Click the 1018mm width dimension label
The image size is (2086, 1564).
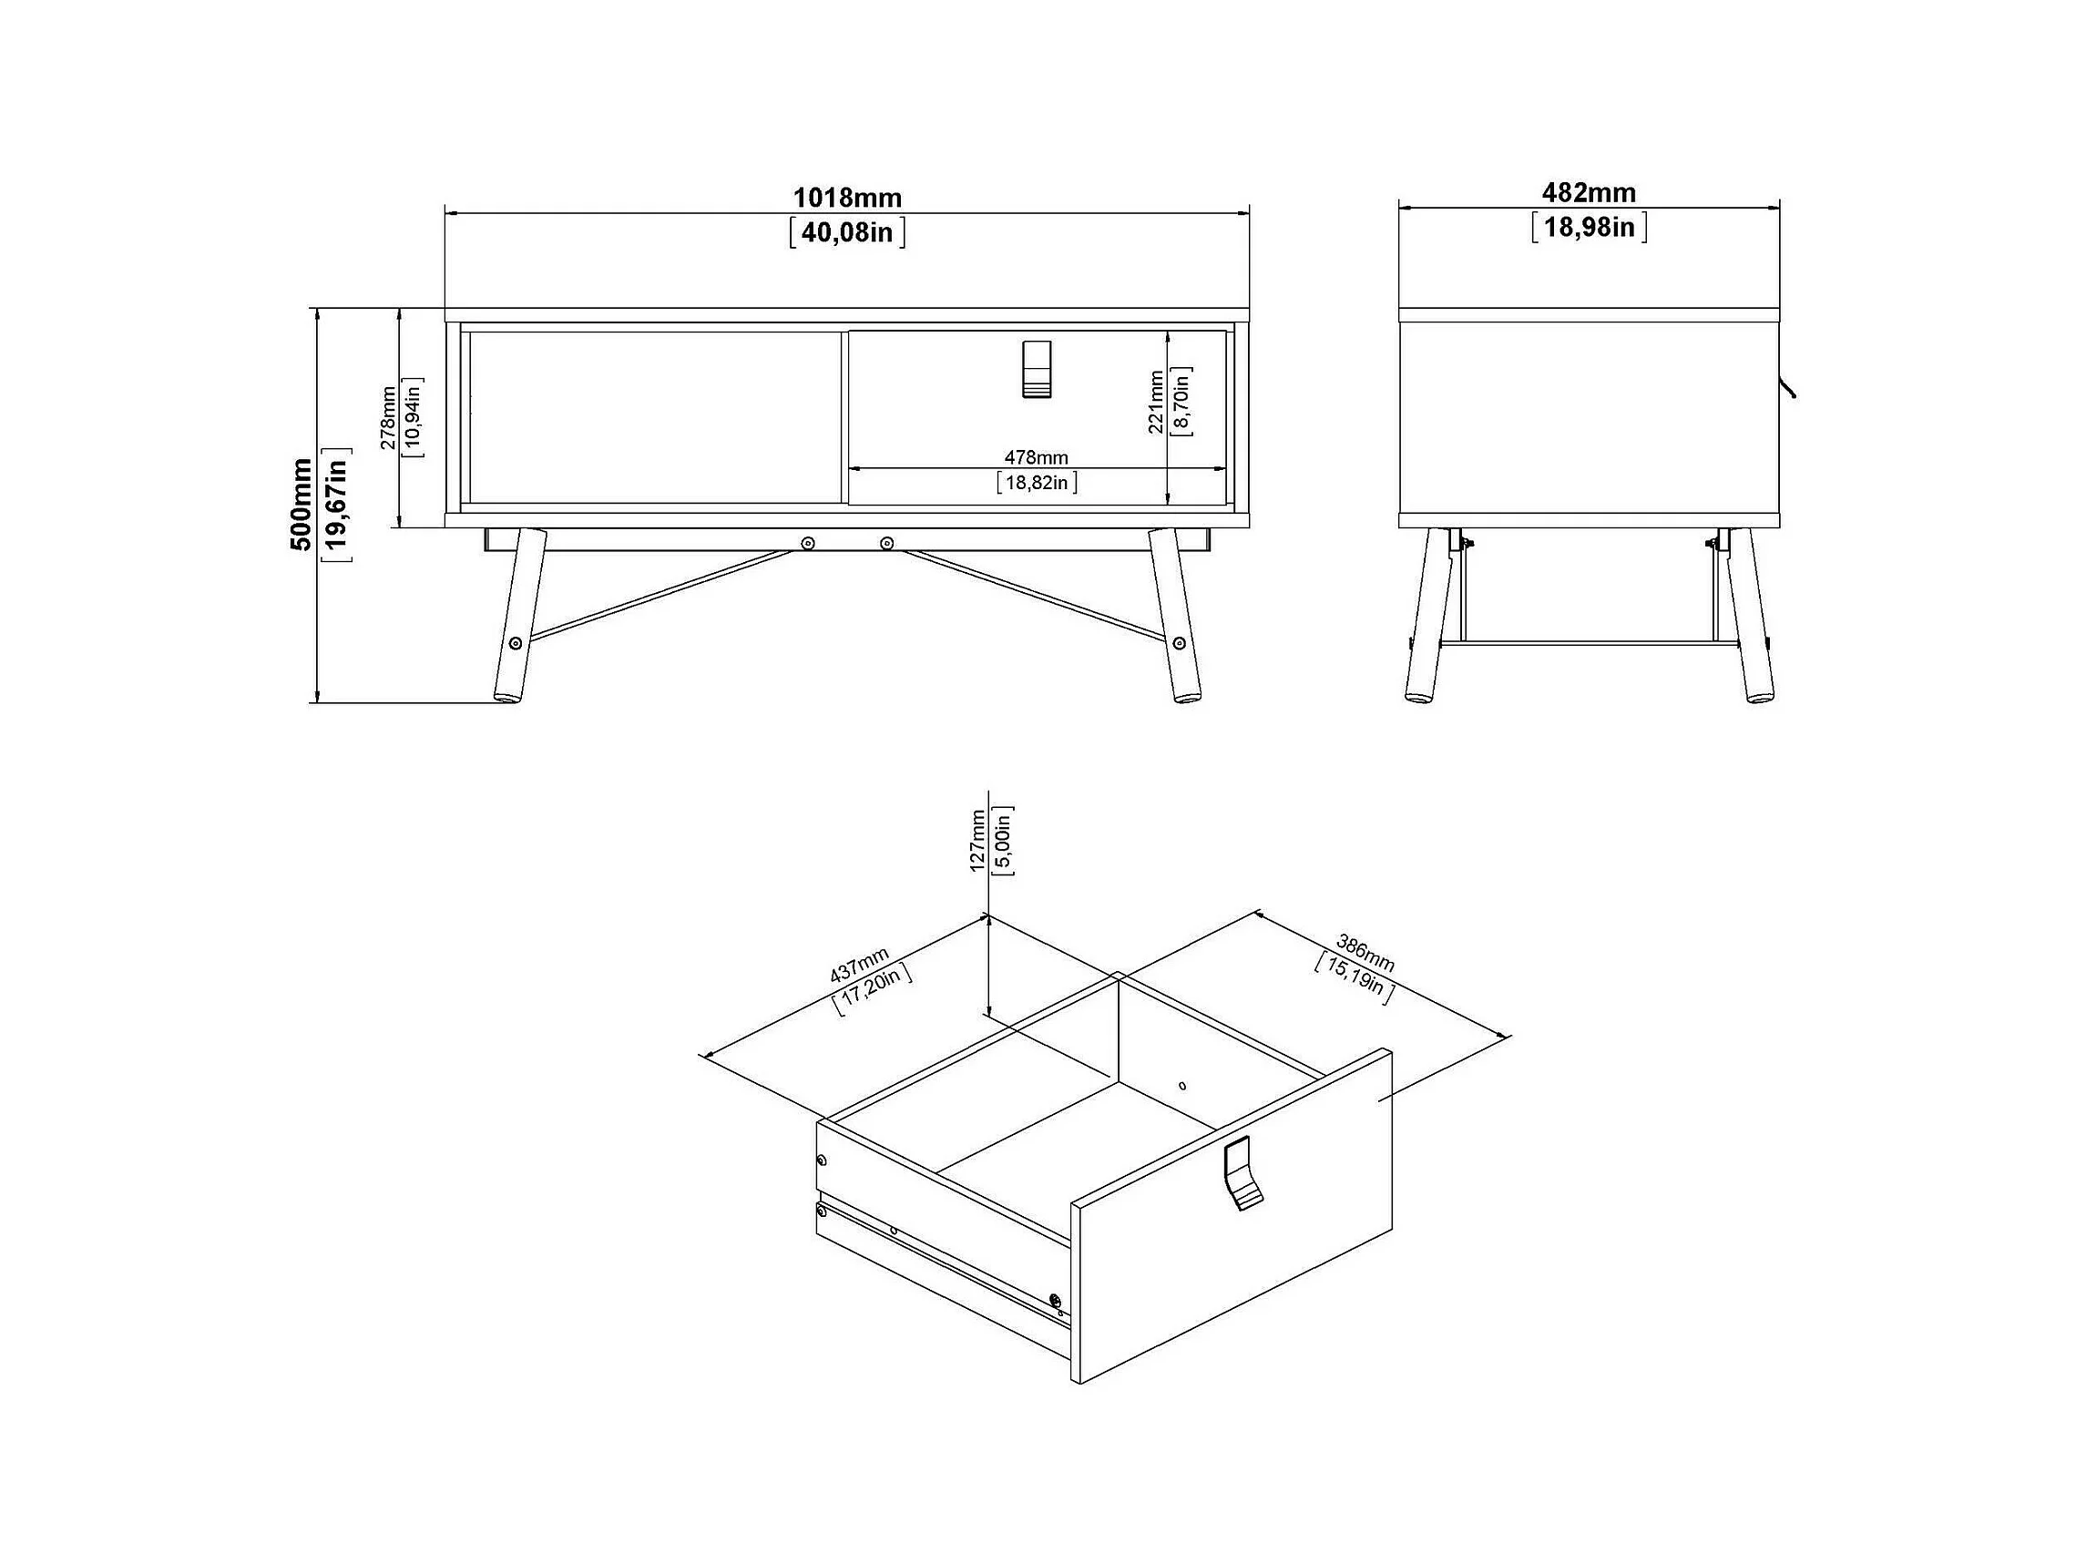click(847, 198)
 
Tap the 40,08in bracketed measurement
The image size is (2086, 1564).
click(847, 232)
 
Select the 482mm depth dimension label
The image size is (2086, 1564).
click(1589, 192)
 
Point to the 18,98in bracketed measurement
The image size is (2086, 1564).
click(1589, 227)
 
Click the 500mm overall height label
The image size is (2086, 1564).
click(301, 505)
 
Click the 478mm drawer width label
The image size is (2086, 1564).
click(1037, 457)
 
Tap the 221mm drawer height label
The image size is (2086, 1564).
click(1156, 402)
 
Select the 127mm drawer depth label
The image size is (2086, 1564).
click(978, 840)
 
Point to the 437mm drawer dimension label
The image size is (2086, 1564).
click(859, 966)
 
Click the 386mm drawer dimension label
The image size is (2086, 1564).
click(1365, 953)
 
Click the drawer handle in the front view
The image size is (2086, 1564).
click(1037, 369)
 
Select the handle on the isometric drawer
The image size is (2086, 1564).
click(1242, 1172)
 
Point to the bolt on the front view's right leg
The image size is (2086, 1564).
click(1179, 643)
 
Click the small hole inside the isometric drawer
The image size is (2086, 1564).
click(1182, 1086)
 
